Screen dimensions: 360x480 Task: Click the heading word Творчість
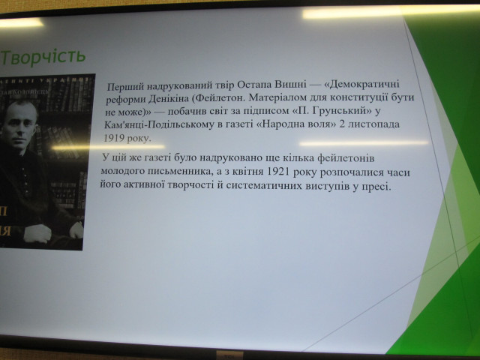pos(43,56)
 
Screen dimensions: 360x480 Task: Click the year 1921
pos(280,172)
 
